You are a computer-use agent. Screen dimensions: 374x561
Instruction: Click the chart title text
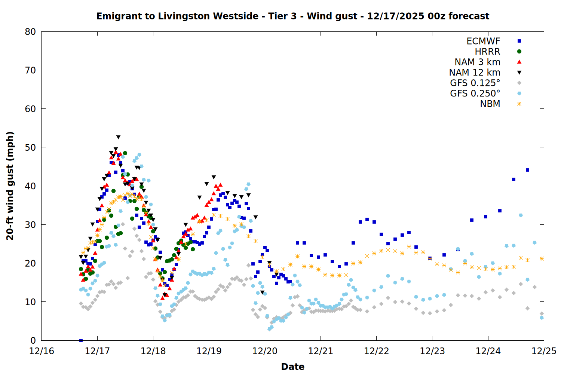(292, 16)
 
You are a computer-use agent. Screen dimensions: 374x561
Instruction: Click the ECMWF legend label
(483, 41)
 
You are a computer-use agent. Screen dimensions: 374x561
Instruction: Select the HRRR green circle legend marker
(519, 52)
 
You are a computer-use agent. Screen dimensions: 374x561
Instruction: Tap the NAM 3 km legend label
(477, 62)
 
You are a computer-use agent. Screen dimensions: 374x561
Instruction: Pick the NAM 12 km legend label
(475, 73)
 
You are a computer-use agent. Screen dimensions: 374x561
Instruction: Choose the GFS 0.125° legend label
(475, 83)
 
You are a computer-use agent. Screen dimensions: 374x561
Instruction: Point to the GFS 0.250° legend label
(475, 93)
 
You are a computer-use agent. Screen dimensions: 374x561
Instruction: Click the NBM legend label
(490, 104)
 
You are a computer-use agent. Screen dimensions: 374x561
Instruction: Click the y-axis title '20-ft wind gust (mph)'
(10, 186)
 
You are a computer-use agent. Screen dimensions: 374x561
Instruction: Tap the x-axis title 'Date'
(292, 367)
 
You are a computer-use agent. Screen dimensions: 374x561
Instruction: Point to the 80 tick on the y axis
(30, 32)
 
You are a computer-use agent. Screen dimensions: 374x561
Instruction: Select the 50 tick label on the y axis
(30, 147)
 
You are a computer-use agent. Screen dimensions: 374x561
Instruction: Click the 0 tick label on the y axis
(33, 340)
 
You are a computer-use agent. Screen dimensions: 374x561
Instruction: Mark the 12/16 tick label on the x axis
(42, 351)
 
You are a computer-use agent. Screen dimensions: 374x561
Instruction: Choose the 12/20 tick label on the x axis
(265, 351)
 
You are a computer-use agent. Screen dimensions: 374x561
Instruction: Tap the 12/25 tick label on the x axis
(544, 351)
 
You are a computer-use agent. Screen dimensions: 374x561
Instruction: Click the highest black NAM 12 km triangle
(118, 137)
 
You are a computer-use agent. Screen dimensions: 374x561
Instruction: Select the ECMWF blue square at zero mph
(81, 340)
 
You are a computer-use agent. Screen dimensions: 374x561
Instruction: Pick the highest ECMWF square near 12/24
(527, 170)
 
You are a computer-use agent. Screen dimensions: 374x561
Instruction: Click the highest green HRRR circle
(125, 153)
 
